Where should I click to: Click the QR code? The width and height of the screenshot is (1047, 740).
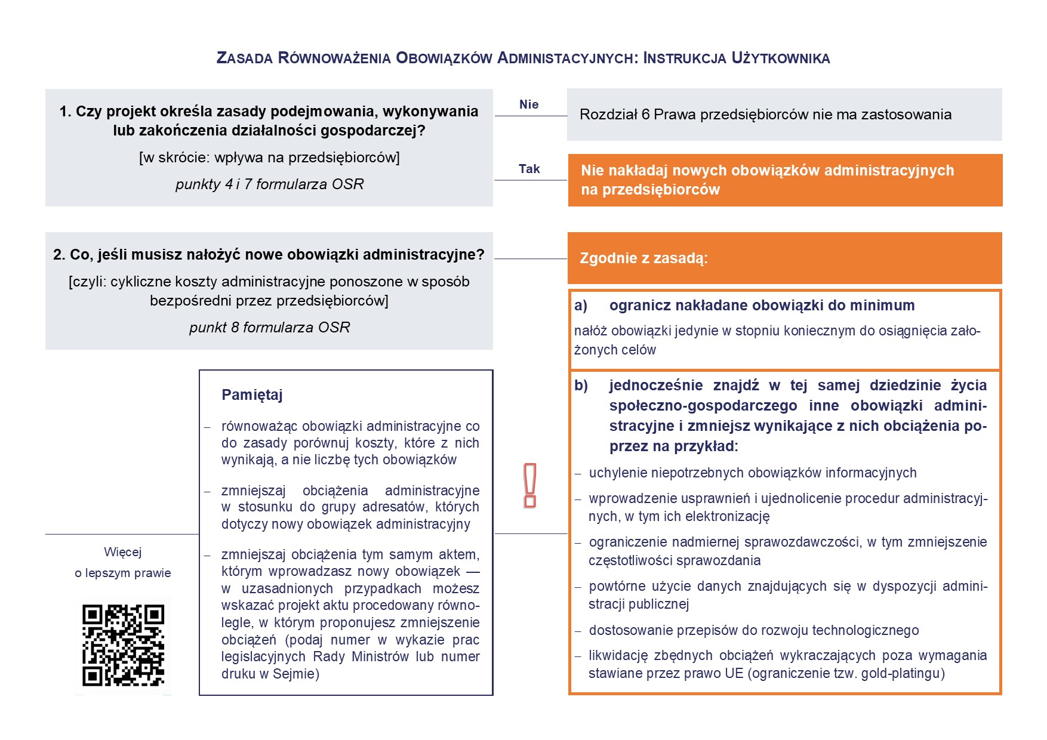pos(123,645)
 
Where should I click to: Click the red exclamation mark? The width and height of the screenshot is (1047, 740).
pos(529,485)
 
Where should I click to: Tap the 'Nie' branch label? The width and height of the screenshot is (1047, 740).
pos(529,104)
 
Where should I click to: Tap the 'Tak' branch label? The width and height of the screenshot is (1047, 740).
pos(529,169)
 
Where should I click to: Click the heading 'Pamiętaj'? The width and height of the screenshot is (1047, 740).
pos(252,395)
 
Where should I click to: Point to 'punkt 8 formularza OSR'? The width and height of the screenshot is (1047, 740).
pos(269,327)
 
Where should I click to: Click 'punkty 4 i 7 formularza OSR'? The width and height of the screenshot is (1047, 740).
pos(269,184)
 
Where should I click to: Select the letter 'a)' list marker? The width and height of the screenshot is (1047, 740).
pos(581,306)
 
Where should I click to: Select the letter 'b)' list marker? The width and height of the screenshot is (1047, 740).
pos(581,386)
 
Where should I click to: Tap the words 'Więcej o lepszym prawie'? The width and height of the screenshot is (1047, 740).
pos(123,562)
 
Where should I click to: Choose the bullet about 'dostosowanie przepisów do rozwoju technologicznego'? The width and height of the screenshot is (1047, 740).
pos(753,630)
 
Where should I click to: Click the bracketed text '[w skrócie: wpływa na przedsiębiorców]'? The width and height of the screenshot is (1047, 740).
pos(269,158)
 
